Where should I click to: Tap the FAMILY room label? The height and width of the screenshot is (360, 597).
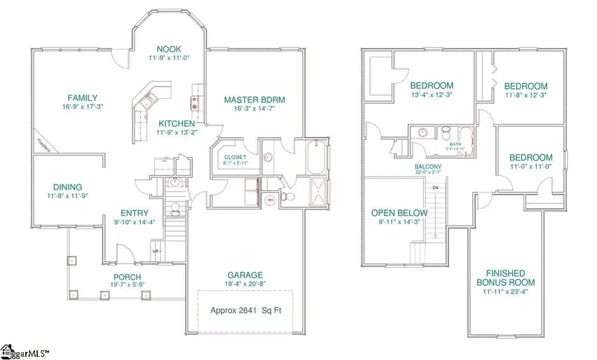click(82, 97)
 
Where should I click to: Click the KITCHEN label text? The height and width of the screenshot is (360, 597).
click(176, 123)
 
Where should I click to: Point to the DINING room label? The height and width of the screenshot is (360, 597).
click(64, 188)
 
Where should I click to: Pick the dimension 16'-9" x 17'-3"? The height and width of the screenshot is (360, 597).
click(82, 107)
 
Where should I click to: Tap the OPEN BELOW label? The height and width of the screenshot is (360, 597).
click(400, 213)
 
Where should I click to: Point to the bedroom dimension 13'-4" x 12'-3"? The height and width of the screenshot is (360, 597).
click(431, 95)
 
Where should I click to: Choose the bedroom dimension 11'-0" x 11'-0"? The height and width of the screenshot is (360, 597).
click(531, 167)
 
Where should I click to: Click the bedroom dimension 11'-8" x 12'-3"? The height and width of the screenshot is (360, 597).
click(525, 95)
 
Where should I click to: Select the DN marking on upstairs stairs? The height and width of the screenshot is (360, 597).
click(435, 188)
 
